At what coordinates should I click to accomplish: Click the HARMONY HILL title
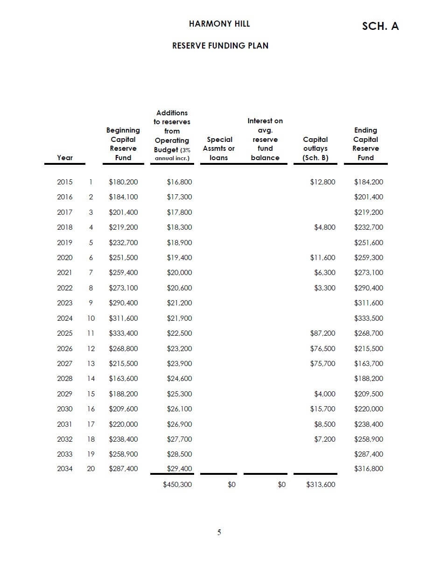click(x=219, y=24)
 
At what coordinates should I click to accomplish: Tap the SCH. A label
click(x=380, y=26)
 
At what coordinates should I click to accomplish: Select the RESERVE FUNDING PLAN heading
click(x=220, y=46)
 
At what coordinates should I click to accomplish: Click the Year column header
click(x=65, y=158)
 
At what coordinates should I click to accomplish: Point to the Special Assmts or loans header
click(x=219, y=148)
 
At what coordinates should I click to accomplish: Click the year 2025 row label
click(x=65, y=333)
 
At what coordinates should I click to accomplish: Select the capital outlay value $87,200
click(x=322, y=333)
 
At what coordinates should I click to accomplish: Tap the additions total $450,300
click(x=177, y=485)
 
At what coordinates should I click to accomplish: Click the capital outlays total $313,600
click(x=321, y=485)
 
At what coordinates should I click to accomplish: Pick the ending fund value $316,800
click(x=369, y=469)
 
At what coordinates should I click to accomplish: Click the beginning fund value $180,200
click(x=123, y=182)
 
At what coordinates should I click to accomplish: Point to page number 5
click(x=219, y=532)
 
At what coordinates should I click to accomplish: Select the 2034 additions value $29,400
click(x=179, y=469)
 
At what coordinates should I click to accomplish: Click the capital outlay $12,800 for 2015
click(x=322, y=182)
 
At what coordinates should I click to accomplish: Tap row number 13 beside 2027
click(x=91, y=364)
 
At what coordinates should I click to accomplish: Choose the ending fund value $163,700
click(x=369, y=364)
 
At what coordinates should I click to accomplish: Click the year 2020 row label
click(x=65, y=258)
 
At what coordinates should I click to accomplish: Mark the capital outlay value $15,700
click(x=322, y=409)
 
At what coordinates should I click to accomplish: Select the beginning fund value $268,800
click(x=123, y=349)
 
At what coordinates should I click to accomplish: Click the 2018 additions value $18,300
click(x=179, y=227)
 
